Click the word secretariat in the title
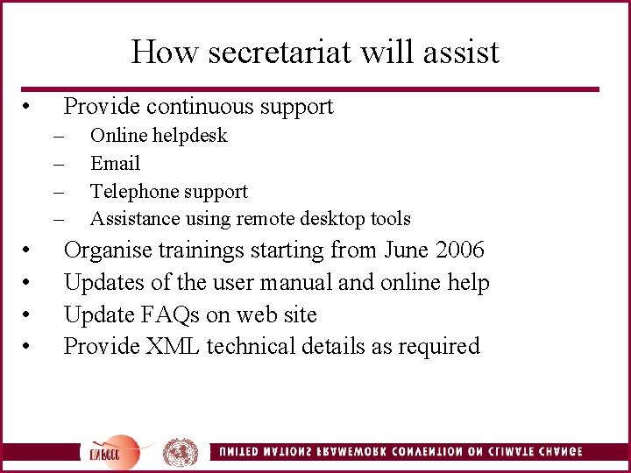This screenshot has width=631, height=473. click(x=275, y=52)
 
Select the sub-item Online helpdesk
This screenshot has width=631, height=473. click(x=159, y=136)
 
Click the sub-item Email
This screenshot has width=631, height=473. click(x=115, y=164)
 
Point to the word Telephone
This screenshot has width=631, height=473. click(x=132, y=192)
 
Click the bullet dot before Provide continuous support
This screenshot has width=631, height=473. click(x=29, y=108)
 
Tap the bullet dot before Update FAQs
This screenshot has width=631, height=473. click(x=29, y=315)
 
